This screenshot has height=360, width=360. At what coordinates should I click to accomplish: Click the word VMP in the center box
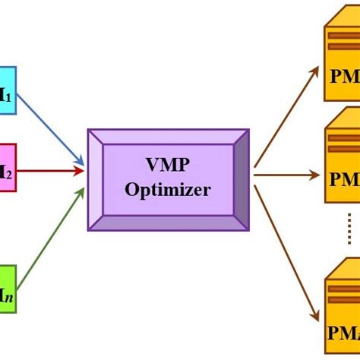[169, 165]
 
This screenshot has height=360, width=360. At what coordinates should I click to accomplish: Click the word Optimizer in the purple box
[168, 190]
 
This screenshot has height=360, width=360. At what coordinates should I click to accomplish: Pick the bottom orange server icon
[343, 311]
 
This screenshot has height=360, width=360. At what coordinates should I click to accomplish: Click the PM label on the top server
[345, 78]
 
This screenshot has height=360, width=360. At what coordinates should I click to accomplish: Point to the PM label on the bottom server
[345, 332]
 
